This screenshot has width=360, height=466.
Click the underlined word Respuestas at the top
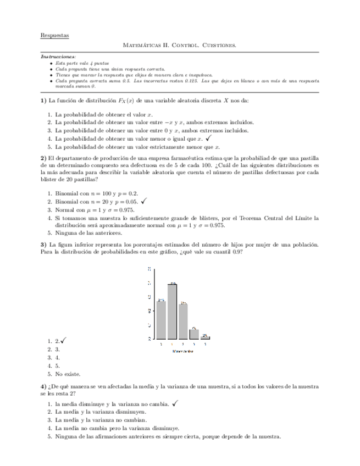[54, 35]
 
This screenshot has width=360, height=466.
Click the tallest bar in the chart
[172, 311]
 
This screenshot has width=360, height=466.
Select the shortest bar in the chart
[205, 337]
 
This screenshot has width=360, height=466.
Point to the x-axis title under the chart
[182, 351]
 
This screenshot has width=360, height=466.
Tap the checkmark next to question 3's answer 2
[64, 341]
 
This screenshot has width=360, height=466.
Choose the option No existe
[68, 374]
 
